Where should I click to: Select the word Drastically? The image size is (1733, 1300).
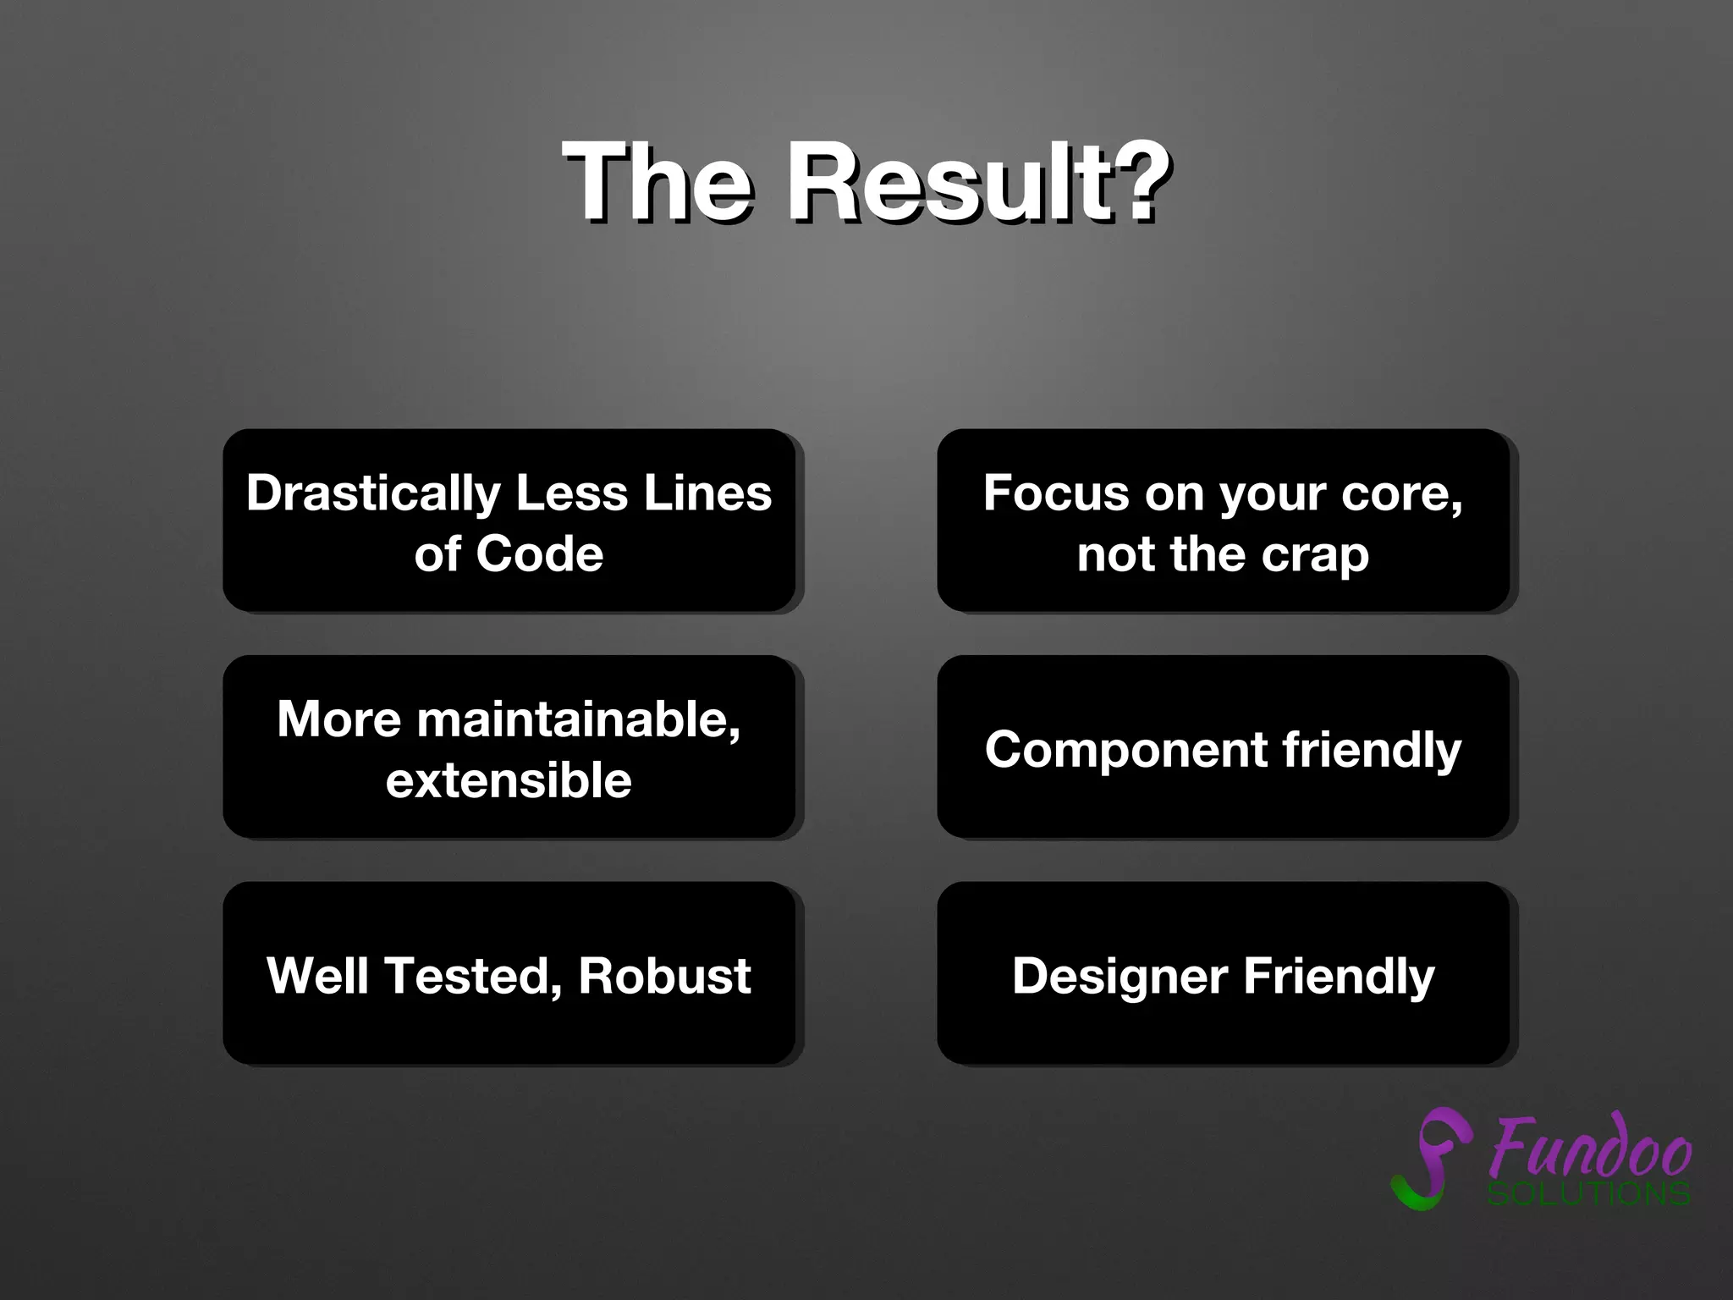[x=373, y=493]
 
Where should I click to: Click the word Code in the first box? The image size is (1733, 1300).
[x=539, y=554]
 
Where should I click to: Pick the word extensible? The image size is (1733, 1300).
[x=509, y=780]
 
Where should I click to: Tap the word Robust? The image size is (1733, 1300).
[x=664, y=976]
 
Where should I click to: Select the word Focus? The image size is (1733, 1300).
[x=1055, y=493]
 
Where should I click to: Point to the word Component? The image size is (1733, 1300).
[x=1125, y=750]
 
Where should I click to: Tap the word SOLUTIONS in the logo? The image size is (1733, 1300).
[x=1588, y=1194]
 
